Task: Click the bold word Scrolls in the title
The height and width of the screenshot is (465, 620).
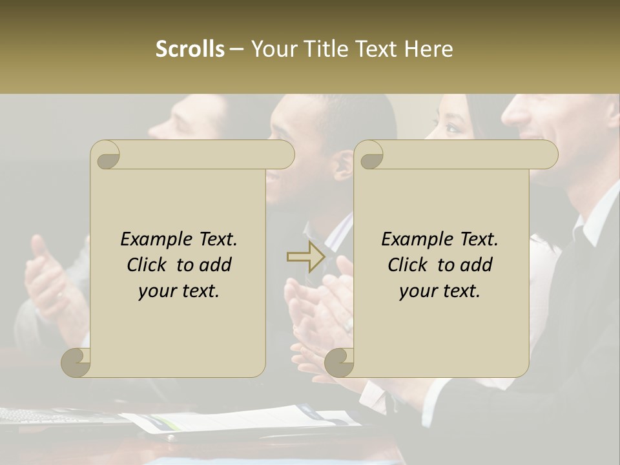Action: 190,49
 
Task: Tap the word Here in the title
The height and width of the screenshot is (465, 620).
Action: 428,49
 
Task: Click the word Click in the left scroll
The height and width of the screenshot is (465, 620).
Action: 149,265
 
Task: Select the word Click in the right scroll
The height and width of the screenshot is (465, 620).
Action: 409,265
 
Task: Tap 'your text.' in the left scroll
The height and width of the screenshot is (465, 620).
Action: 179,291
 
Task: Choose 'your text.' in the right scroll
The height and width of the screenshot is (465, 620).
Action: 440,291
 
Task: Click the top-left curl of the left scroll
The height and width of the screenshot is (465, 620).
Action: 106,155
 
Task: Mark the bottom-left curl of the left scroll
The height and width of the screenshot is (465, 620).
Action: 76,362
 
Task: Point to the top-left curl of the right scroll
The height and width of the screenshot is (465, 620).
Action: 369,155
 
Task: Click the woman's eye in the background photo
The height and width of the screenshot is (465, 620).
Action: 451,127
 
